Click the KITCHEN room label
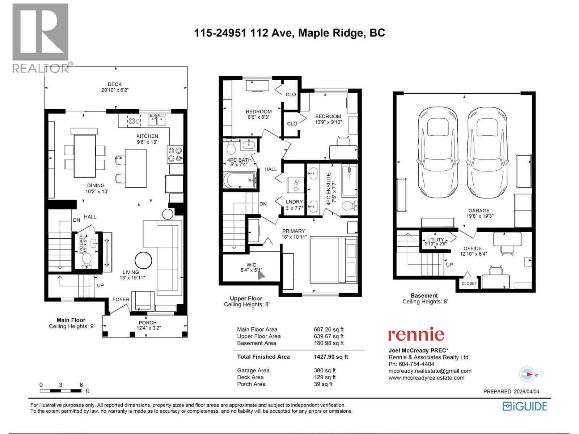[147, 136]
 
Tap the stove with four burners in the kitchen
[175, 154]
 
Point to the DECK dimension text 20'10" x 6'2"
[115, 90]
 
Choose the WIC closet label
[251, 265]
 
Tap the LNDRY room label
[294, 202]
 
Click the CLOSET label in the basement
[469, 283]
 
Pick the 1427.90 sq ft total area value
[331, 357]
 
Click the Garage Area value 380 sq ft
[325, 370]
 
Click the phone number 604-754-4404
[416, 364]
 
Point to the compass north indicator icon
[527, 374]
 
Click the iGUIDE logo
[525, 406]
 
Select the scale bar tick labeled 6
[81, 385]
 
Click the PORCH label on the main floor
[148, 323]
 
